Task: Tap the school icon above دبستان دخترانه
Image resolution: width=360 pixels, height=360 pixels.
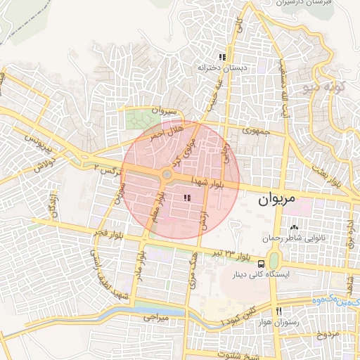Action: click(x=222, y=58)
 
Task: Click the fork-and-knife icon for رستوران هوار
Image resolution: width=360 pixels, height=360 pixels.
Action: click(x=279, y=311)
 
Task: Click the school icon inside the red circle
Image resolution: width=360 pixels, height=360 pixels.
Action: click(x=186, y=199)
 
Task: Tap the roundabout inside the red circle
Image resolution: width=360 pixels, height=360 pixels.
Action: click(x=167, y=174)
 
